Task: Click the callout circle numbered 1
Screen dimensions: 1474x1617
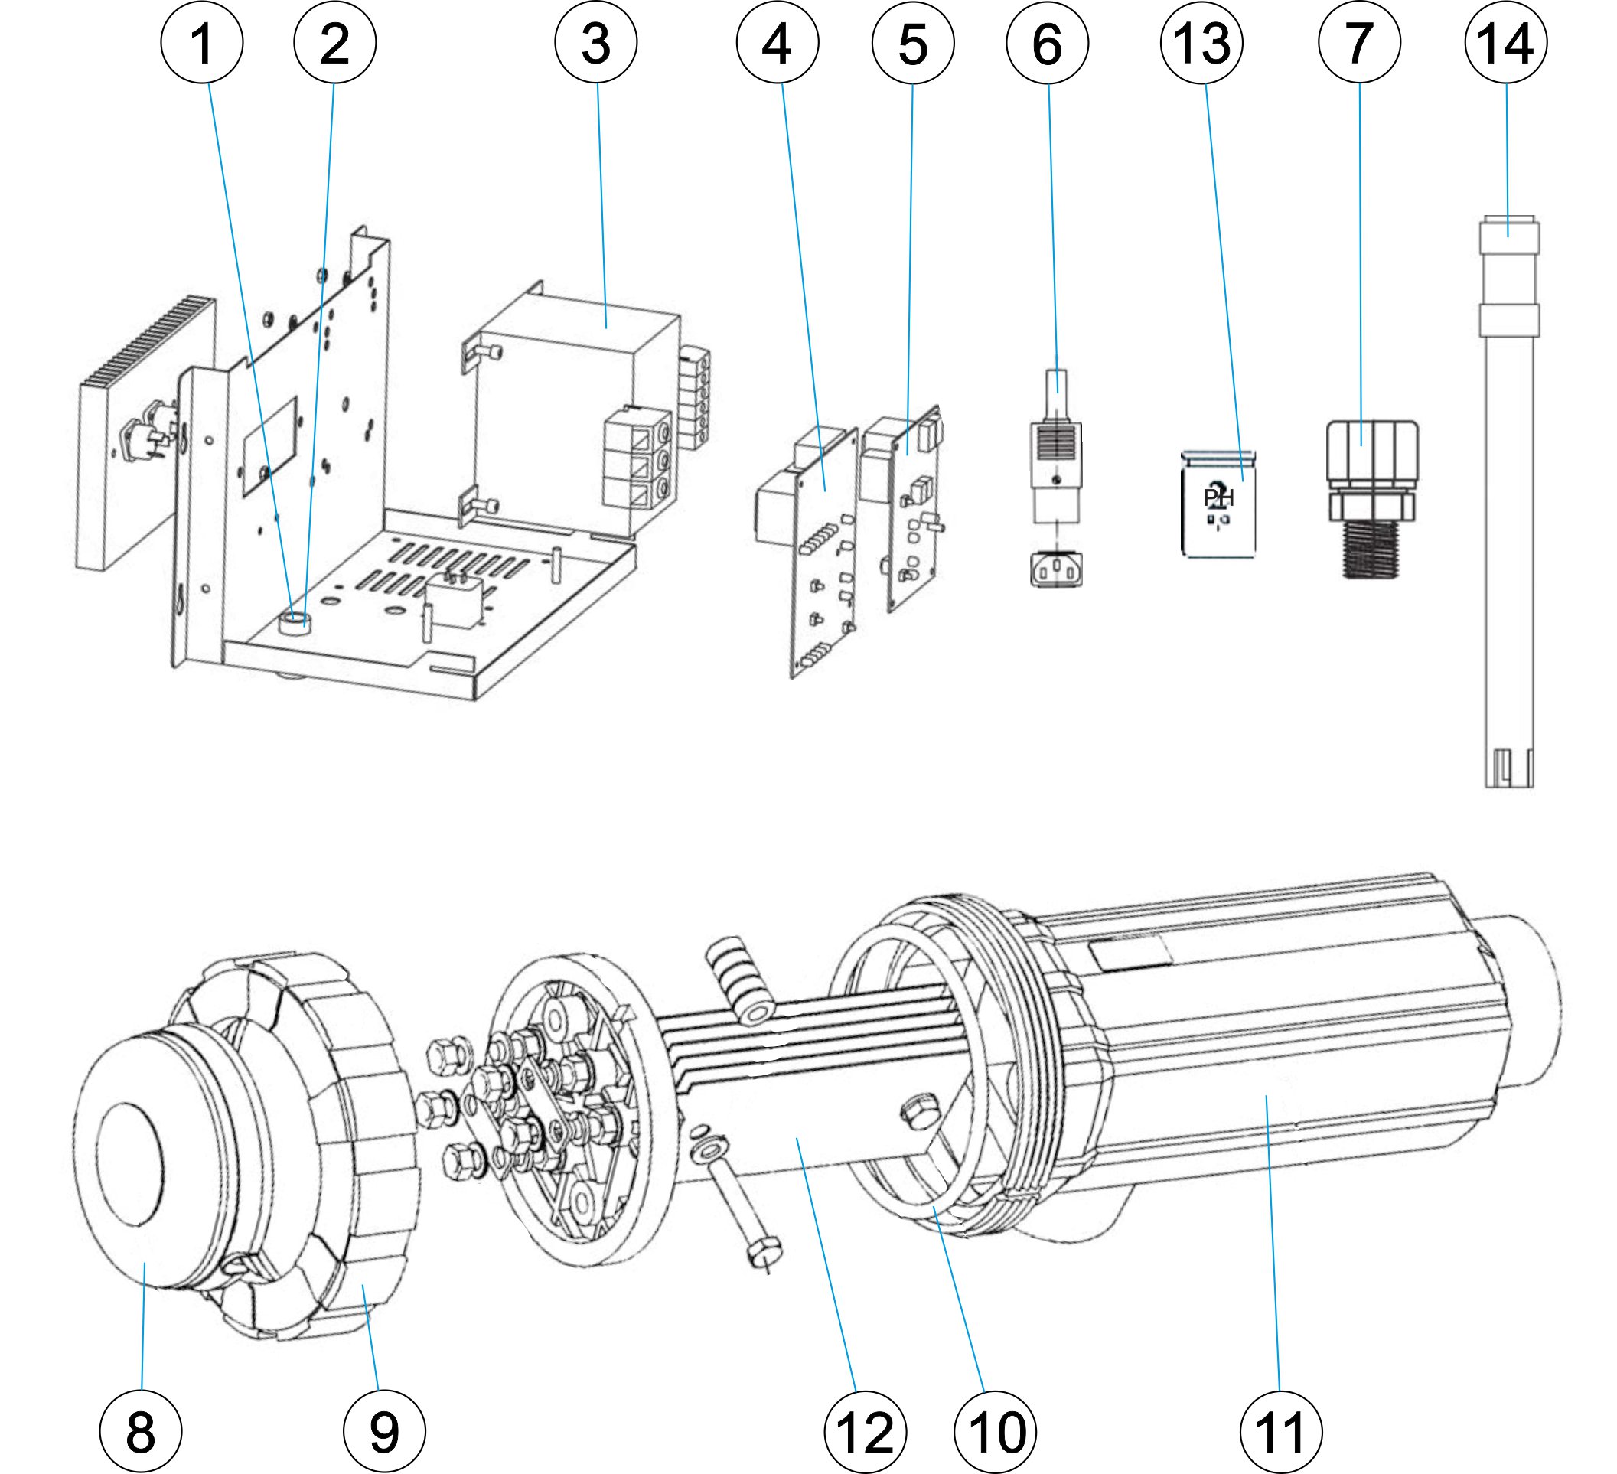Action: tap(202, 43)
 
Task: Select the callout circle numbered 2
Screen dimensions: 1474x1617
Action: tap(334, 43)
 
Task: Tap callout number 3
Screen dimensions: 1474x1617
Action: tap(596, 43)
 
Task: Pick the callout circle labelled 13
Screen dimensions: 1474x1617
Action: tap(1201, 43)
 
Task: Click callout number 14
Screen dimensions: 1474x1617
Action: tap(1505, 43)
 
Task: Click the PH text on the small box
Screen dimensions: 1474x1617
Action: tap(1218, 498)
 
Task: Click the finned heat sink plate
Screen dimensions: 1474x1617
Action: tap(145, 433)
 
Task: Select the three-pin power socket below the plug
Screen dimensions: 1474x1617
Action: tap(1056, 569)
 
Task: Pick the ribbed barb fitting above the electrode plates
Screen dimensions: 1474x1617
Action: tap(739, 983)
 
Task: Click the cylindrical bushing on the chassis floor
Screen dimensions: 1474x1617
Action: tap(298, 622)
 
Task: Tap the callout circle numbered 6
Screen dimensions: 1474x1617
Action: tap(1048, 43)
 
